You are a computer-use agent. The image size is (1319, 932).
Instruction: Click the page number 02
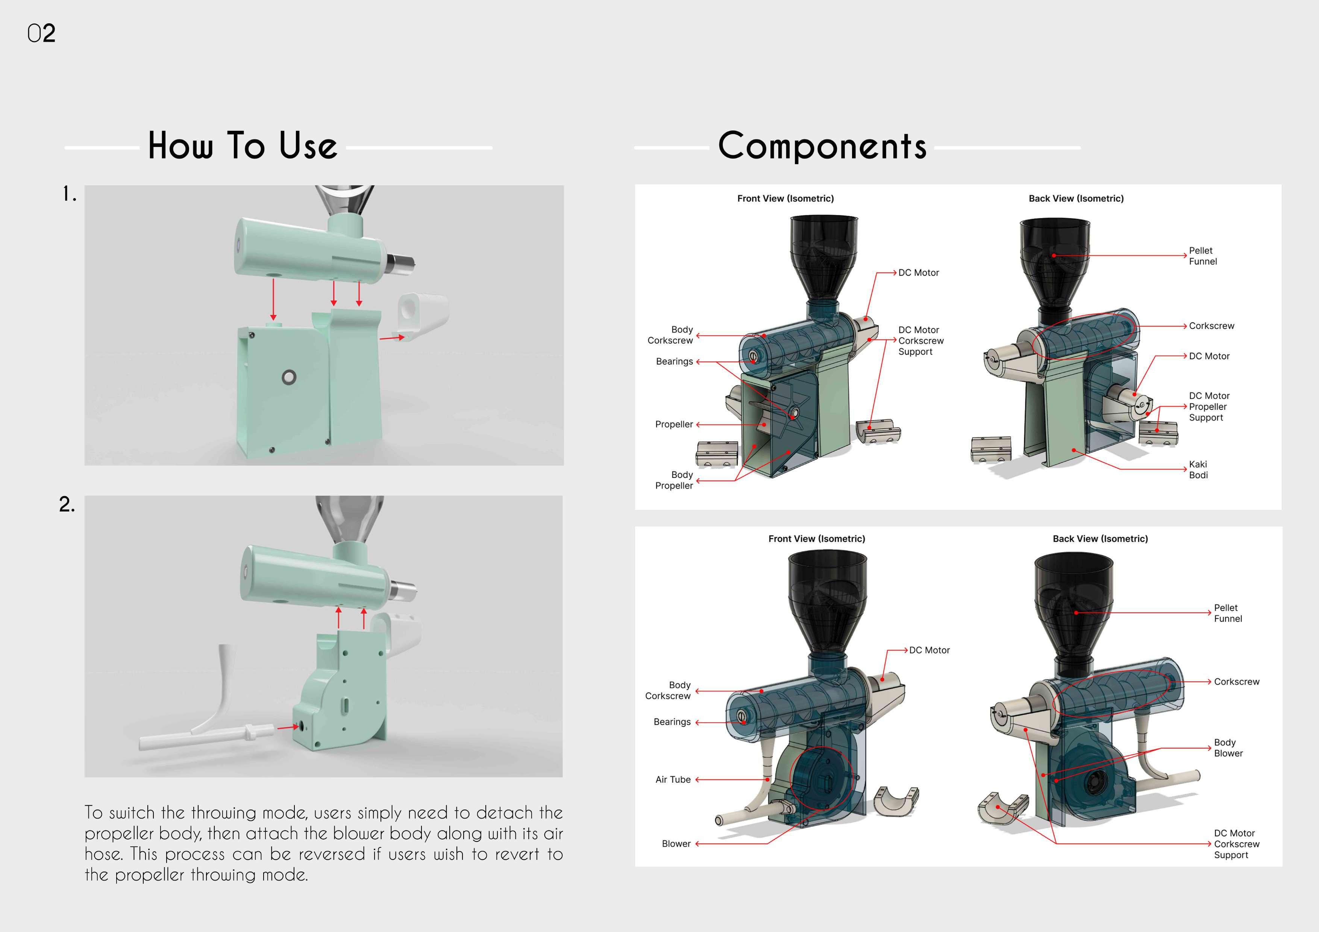[41, 33]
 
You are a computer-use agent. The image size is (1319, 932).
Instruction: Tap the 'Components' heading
[822, 145]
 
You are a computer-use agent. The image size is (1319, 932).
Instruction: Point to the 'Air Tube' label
[673, 779]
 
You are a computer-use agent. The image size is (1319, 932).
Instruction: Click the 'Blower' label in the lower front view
[676, 844]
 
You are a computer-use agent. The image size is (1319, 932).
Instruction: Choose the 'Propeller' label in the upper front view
[674, 424]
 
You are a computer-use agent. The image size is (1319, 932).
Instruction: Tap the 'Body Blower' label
[1228, 748]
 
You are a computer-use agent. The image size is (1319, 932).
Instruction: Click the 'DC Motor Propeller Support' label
[1209, 407]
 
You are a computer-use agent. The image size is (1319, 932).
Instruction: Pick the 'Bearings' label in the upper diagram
[675, 361]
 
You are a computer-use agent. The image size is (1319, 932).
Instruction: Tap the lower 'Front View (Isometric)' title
[816, 539]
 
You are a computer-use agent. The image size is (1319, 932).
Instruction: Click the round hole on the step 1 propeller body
[288, 377]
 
